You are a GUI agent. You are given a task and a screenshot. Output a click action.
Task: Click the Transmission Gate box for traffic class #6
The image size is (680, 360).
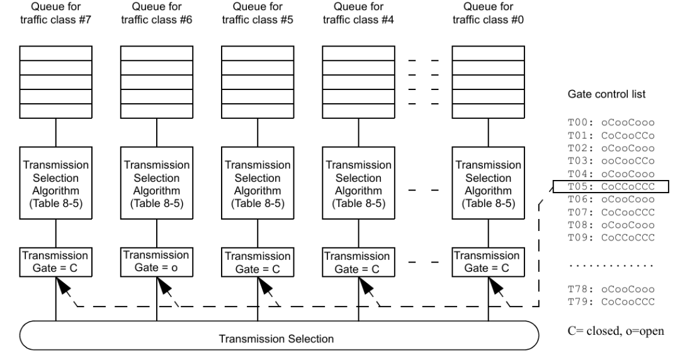click(x=157, y=262)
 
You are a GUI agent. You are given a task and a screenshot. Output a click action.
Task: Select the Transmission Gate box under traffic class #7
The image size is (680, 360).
click(x=55, y=262)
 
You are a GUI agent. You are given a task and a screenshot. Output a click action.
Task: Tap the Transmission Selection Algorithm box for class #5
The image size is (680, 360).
click(x=258, y=183)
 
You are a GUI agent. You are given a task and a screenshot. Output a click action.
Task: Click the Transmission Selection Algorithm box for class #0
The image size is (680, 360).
click(x=489, y=183)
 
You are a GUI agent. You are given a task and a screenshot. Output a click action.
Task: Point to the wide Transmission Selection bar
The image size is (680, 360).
click(x=280, y=335)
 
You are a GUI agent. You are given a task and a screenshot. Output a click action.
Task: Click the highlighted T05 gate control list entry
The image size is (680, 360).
click(x=611, y=187)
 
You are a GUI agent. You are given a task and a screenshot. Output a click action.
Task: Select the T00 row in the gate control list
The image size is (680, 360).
click(x=611, y=123)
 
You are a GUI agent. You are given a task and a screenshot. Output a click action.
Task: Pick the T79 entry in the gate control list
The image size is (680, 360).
click(x=611, y=302)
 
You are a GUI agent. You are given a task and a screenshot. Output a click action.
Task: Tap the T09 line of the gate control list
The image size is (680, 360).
click(x=611, y=238)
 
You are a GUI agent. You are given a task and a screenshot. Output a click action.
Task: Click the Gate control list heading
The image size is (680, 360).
click(x=606, y=94)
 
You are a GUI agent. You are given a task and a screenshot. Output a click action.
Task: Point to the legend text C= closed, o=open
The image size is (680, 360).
click(x=616, y=331)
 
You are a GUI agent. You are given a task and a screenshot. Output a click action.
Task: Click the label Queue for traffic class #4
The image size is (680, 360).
click(x=359, y=13)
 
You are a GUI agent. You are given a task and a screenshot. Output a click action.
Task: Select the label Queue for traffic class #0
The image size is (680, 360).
click(x=489, y=13)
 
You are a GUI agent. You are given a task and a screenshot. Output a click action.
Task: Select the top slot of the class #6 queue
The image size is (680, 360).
click(x=157, y=53)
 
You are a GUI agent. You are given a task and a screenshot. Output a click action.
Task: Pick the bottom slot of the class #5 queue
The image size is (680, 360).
click(x=258, y=111)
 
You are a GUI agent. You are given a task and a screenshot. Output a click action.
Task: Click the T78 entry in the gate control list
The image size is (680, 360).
click(x=611, y=290)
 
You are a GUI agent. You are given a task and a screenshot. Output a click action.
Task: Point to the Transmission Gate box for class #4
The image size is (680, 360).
click(x=359, y=262)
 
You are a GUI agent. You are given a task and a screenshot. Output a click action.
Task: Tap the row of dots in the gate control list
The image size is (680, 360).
click(x=611, y=266)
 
